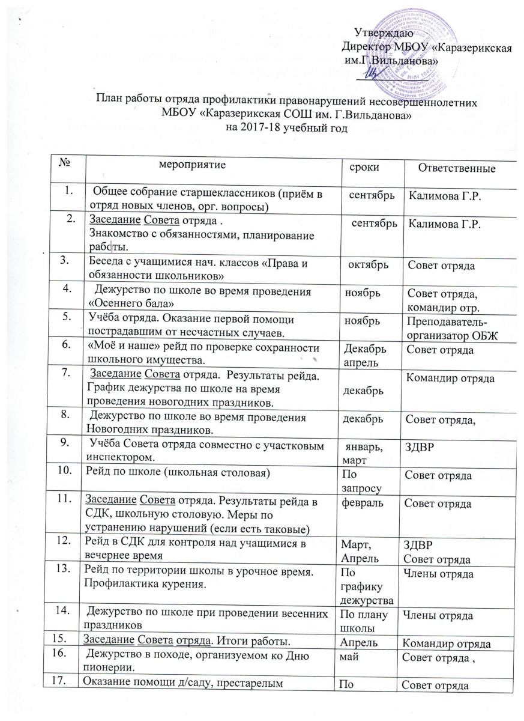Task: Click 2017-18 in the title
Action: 273,127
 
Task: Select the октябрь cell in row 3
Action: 369,266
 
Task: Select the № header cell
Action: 65,161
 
